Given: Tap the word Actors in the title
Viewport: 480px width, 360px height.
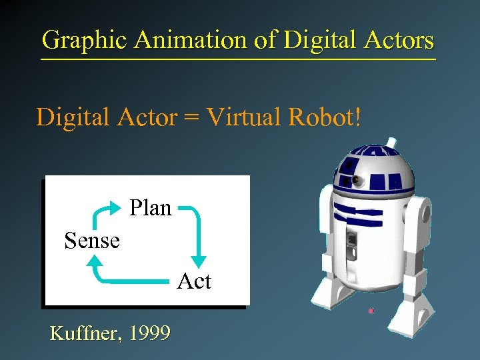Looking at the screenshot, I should click(399, 40).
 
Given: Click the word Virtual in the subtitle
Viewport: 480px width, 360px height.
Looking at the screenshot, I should click(244, 117).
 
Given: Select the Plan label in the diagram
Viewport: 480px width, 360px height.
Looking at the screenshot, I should click(151, 208).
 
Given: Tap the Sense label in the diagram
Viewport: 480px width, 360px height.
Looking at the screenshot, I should click(92, 240).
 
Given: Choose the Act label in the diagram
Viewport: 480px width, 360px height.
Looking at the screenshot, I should click(194, 281).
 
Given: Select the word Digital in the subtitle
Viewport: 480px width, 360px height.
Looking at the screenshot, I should click(73, 117).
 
